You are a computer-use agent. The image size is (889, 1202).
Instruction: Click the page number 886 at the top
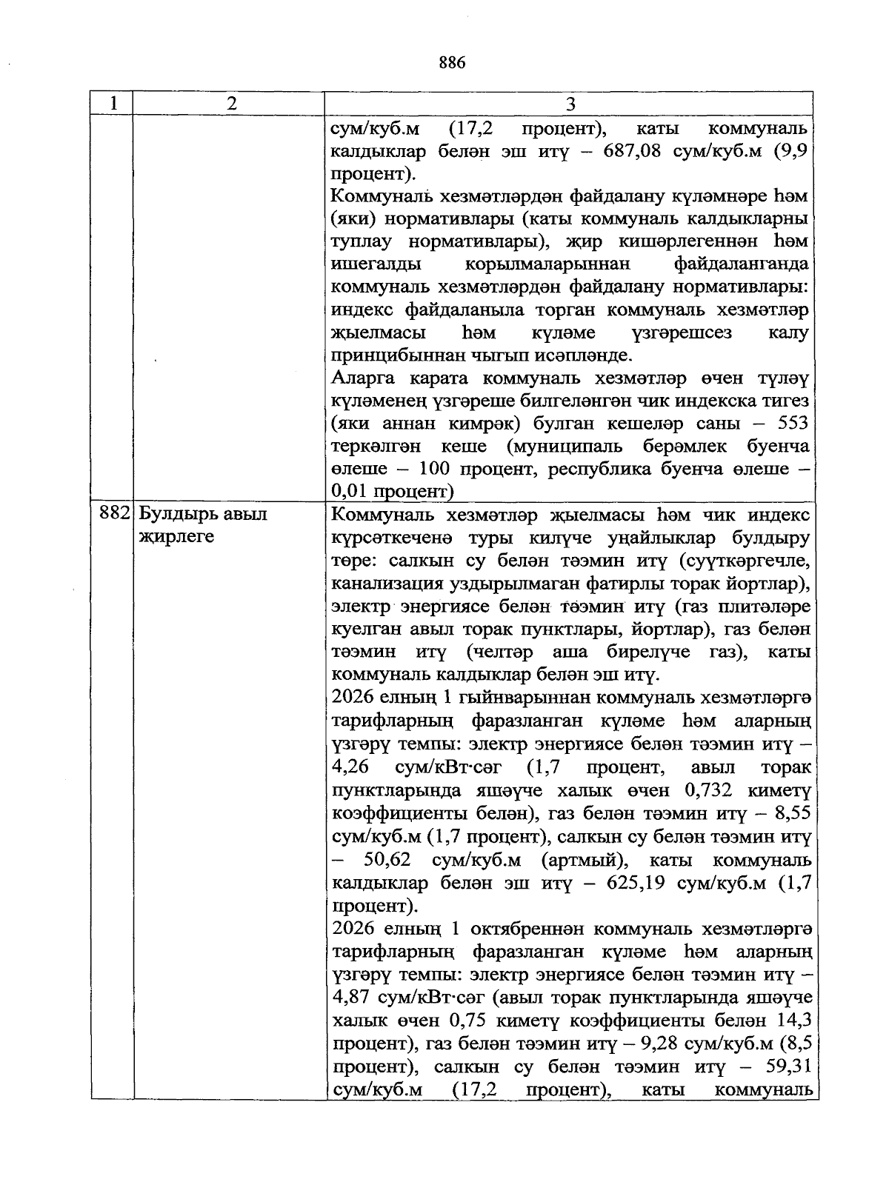[x=451, y=64]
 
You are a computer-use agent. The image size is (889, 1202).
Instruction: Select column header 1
[x=112, y=104]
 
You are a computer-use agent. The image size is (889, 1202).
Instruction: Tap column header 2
[x=231, y=104]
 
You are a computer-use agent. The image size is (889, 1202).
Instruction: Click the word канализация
[x=383, y=582]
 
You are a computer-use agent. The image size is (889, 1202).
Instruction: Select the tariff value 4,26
[x=350, y=766]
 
